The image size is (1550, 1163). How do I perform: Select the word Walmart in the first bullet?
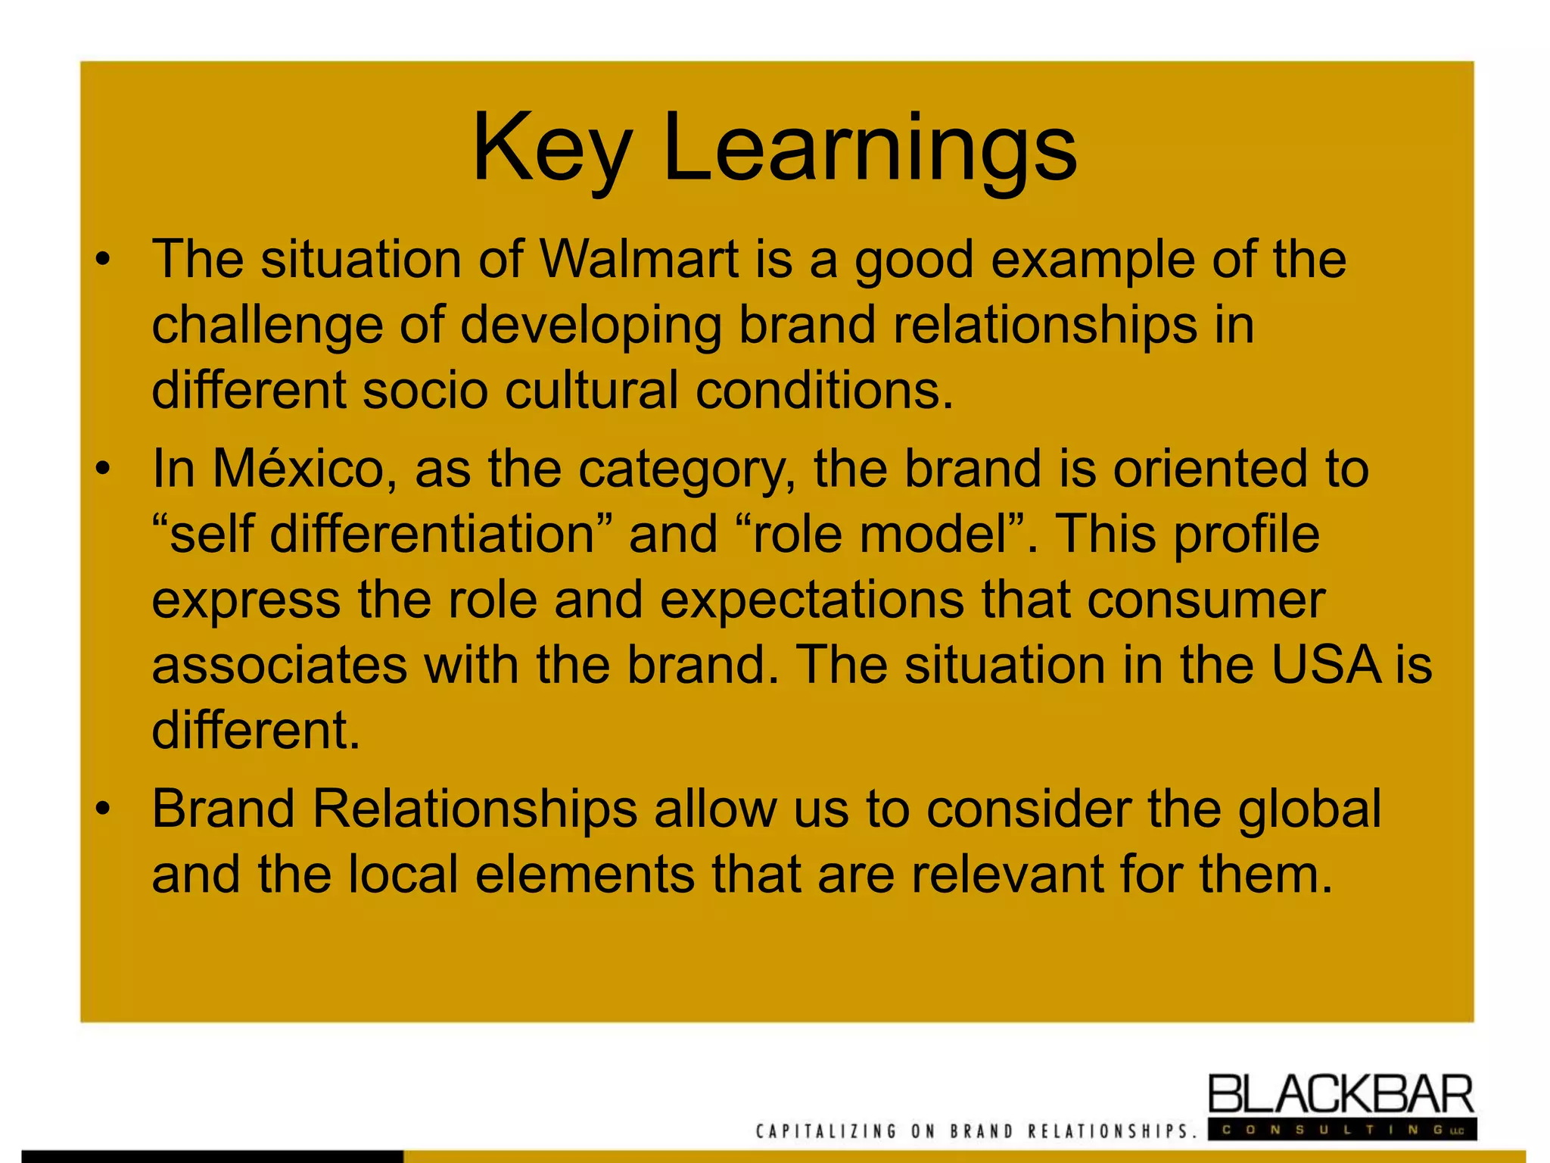click(638, 260)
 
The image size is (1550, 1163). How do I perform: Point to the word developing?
click(590, 326)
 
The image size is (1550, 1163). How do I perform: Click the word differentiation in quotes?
click(432, 534)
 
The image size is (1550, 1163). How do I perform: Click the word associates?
click(279, 666)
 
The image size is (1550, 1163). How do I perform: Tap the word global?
click(1309, 809)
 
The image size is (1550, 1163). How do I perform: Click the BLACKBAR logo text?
click(1340, 1095)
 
